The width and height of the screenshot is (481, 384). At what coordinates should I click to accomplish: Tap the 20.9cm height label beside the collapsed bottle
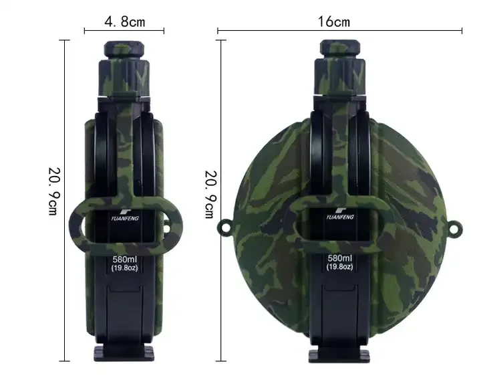click(x=53, y=191)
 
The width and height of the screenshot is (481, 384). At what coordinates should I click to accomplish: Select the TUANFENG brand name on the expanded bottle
click(x=341, y=217)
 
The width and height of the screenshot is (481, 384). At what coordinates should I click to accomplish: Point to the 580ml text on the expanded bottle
click(x=341, y=258)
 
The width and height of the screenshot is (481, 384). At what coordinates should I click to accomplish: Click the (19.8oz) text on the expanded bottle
click(x=341, y=268)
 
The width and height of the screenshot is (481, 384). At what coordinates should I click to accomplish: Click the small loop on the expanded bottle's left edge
click(x=224, y=227)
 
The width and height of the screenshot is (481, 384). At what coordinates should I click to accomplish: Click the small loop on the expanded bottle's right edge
click(x=458, y=227)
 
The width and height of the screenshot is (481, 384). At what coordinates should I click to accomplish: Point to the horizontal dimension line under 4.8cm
click(x=124, y=30)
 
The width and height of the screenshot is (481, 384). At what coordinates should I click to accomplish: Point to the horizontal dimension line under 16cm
click(x=339, y=30)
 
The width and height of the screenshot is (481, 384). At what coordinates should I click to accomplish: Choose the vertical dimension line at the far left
click(x=65, y=201)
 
